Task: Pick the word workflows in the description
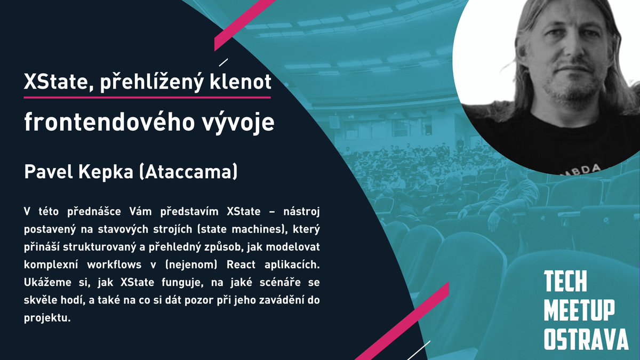(116, 265)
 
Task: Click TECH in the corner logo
(565, 282)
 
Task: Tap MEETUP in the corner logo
(579, 310)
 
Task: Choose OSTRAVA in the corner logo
(586, 339)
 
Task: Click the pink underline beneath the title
(147, 97)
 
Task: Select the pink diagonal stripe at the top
(245, 24)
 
